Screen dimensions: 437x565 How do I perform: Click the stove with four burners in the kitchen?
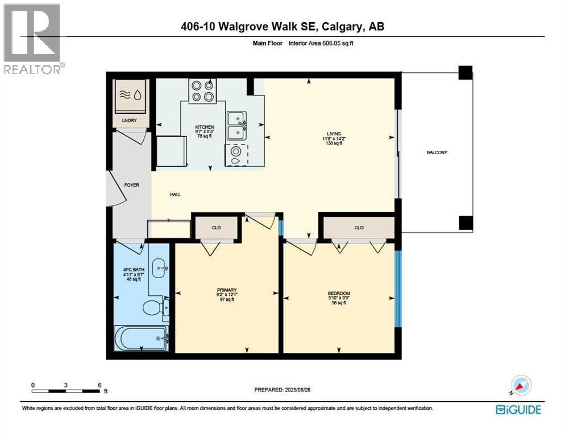click(203, 91)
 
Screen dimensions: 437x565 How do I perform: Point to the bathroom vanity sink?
click(160, 266)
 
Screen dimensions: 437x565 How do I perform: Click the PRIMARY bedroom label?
click(226, 290)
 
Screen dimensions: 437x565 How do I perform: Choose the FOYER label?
click(132, 185)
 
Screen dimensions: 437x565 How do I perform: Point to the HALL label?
click(175, 195)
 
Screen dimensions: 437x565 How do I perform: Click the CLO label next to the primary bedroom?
click(216, 228)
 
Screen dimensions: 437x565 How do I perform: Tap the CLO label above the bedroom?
click(359, 228)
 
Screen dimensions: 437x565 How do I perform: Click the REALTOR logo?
click(33, 39)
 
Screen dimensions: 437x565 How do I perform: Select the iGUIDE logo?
click(518, 409)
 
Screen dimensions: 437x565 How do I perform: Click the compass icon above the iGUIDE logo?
click(520, 385)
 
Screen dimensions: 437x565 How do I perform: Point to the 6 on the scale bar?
click(99, 385)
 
